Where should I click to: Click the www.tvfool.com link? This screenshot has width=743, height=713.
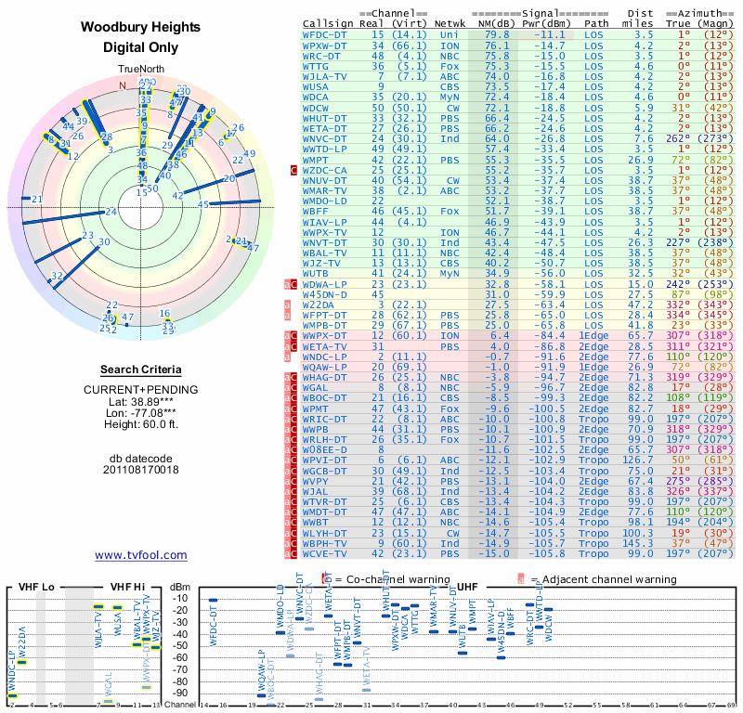(x=141, y=555)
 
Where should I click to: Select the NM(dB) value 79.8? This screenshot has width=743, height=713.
(x=497, y=33)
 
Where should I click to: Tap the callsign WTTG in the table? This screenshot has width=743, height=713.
(x=316, y=66)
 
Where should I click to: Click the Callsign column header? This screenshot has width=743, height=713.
(x=328, y=22)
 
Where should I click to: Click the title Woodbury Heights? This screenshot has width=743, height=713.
(x=141, y=28)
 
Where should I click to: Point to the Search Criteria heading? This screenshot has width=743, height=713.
(x=141, y=369)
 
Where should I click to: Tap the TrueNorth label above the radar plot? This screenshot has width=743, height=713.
(x=141, y=70)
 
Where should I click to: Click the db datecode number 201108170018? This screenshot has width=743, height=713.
(x=141, y=470)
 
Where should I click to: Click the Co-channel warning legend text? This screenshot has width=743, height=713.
(x=381, y=578)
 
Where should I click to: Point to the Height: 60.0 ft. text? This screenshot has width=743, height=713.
(x=141, y=425)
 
